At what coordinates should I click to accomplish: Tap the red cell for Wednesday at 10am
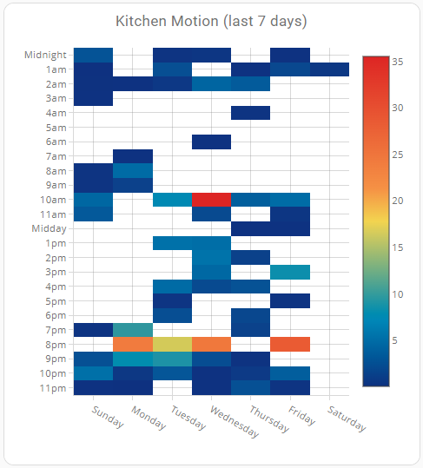211,200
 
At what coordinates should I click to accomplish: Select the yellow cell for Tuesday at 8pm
172,345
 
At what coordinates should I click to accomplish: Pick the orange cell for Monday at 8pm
133,345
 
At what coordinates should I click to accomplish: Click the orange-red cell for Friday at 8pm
290,345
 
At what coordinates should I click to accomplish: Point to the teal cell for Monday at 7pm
133,330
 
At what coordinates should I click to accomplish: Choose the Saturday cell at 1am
329,69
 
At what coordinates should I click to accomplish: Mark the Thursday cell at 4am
251,113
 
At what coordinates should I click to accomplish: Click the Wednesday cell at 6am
211,142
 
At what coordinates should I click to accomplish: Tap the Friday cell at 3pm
290,273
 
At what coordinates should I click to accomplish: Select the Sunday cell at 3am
94,98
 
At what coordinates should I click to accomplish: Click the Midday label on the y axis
49,228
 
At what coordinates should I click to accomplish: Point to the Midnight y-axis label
45,55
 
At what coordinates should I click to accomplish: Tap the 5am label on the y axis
56,128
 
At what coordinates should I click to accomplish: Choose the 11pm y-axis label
53,388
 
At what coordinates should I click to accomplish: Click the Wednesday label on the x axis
235,421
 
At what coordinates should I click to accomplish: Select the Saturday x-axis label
347,419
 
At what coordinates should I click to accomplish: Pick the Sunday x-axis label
108,417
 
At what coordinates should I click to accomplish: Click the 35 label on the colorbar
398,62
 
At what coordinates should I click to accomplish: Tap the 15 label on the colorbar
398,247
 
